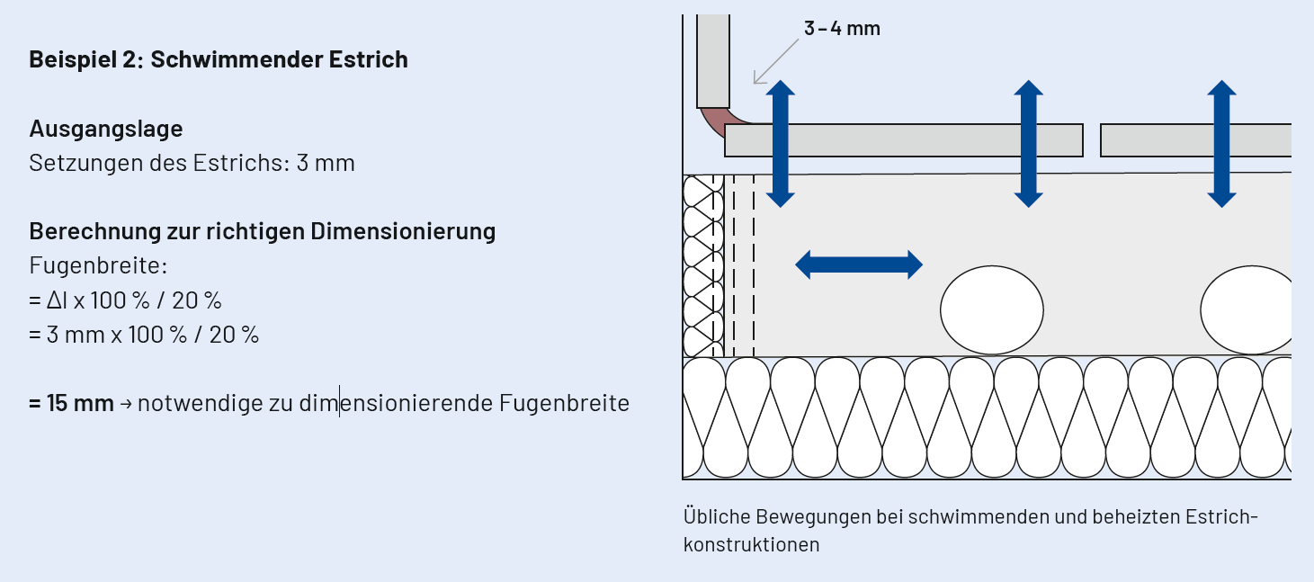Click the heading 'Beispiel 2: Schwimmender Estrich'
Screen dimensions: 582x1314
[219, 59]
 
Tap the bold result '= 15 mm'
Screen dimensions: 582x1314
[71, 403]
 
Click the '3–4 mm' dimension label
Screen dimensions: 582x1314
[842, 28]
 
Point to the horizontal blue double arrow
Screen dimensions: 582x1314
[859, 264]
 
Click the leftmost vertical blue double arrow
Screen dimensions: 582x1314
[781, 144]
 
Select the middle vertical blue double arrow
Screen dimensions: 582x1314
[1028, 144]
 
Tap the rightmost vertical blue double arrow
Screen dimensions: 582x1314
[1221, 144]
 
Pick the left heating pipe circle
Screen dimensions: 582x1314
[992, 310]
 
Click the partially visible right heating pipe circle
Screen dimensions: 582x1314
[1247, 310]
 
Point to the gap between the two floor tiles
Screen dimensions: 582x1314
[1092, 140]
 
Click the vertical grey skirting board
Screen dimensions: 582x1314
[712, 59]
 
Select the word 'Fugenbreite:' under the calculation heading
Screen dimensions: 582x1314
[99, 266]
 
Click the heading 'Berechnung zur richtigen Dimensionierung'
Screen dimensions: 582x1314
[263, 231]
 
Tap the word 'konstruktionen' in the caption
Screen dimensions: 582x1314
[751, 544]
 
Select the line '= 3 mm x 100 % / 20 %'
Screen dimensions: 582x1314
[144, 335]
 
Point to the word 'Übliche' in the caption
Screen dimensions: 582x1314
[716, 517]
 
